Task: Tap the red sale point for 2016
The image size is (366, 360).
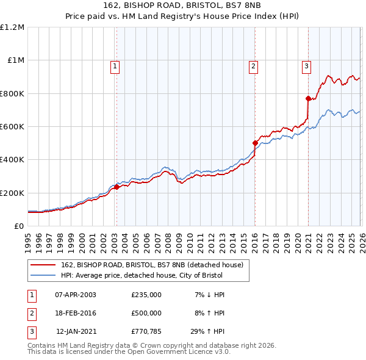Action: (255, 143)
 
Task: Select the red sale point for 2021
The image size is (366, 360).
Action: (308, 98)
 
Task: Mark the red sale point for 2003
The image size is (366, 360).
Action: (117, 187)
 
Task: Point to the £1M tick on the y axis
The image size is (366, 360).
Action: (15, 60)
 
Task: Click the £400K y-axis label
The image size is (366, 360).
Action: (12, 160)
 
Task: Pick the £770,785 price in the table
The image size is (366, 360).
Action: (146, 332)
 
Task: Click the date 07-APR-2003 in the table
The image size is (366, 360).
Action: (75, 294)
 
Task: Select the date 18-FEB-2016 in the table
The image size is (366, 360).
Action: (75, 313)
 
